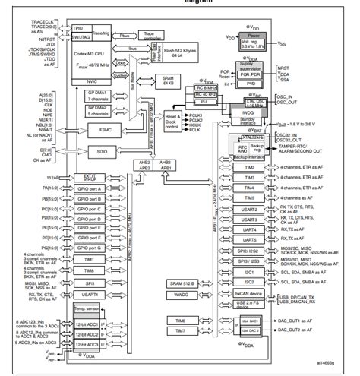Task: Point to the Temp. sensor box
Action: (x=86, y=310)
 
